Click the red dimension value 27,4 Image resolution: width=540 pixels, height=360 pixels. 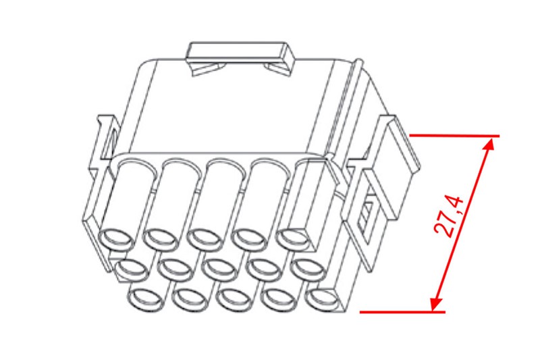coord(450,217)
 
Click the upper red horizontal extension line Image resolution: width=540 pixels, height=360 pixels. coord(454,136)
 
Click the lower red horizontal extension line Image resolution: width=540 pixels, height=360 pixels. coord(402,312)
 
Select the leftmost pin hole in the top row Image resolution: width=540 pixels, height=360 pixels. coord(115,238)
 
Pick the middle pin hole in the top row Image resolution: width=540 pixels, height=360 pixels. coord(205,238)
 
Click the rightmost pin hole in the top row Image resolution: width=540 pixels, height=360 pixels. coord(294,238)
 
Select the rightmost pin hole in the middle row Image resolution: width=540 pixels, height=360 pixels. coord(309,268)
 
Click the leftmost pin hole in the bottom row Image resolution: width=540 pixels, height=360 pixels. coord(146,297)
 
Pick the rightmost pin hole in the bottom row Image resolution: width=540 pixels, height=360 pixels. coord(322,297)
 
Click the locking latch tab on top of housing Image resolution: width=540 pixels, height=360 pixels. coord(240,58)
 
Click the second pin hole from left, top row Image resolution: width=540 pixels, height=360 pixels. coord(161,238)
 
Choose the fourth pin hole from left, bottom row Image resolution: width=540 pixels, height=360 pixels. coord(279,297)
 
